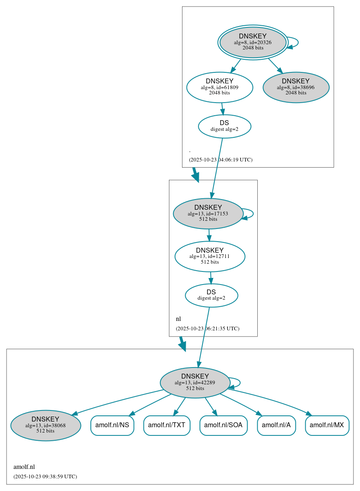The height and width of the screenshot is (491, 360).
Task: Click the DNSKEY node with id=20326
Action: [253, 42]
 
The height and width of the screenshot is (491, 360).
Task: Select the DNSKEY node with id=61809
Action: [220, 87]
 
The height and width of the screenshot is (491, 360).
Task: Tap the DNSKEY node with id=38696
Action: [296, 87]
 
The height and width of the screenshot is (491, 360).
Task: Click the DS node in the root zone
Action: [224, 126]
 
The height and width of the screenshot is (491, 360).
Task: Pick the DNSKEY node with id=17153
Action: [208, 213]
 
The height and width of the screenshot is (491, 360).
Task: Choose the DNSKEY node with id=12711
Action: [209, 256]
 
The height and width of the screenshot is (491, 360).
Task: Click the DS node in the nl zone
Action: [211, 295]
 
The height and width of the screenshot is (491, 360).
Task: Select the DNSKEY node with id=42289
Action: [195, 382]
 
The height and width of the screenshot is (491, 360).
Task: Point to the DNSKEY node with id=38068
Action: [45, 425]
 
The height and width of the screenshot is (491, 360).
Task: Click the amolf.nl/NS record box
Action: [112, 425]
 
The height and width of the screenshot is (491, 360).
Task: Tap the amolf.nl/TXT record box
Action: [166, 425]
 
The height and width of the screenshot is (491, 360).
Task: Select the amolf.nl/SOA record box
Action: [223, 425]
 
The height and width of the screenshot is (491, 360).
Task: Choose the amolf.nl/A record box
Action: [276, 425]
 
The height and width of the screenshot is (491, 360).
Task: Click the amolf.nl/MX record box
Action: [327, 425]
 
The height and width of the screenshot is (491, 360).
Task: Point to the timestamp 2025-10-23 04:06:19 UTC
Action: [220, 160]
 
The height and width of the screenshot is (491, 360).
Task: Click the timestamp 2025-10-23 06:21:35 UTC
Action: [207, 329]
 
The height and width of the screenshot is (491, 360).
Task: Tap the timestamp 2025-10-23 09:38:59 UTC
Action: [45, 477]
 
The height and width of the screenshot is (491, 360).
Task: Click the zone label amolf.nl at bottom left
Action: [24, 467]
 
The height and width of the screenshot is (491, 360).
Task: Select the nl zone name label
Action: [178, 319]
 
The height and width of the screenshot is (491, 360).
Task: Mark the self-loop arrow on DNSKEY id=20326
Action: [297, 42]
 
